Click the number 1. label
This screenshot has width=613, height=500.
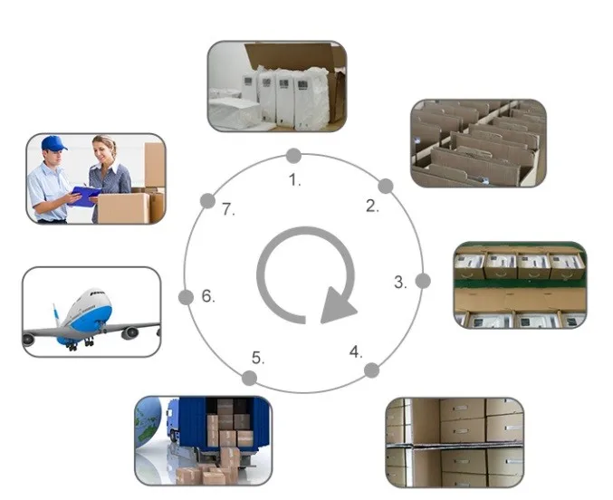(x=294, y=179)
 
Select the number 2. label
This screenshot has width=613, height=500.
(x=372, y=206)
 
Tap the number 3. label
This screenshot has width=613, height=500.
(x=399, y=282)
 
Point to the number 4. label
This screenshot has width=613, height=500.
(x=356, y=351)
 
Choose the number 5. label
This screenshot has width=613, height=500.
(x=258, y=358)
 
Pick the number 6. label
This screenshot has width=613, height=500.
(x=207, y=295)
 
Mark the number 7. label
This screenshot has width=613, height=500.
(x=228, y=210)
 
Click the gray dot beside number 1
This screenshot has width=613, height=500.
(x=293, y=156)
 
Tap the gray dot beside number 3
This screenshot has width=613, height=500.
(x=421, y=280)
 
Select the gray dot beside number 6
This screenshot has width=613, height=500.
(x=187, y=297)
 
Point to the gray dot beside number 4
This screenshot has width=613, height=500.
(x=371, y=370)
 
